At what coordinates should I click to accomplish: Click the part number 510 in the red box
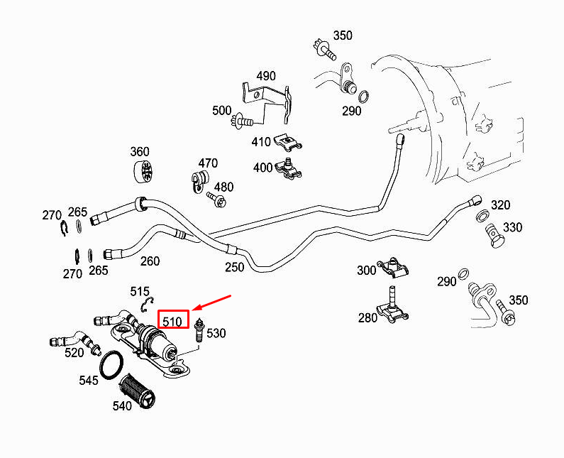coord(173,321)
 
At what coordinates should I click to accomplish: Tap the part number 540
coord(122,406)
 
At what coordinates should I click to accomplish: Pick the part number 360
coord(140,151)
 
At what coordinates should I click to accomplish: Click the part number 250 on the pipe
coord(234,267)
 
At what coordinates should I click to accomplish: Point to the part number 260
coord(150,261)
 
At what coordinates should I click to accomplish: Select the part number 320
coord(501,206)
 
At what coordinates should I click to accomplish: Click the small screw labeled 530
coord(198,332)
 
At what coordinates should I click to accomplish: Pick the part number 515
coord(140,291)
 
